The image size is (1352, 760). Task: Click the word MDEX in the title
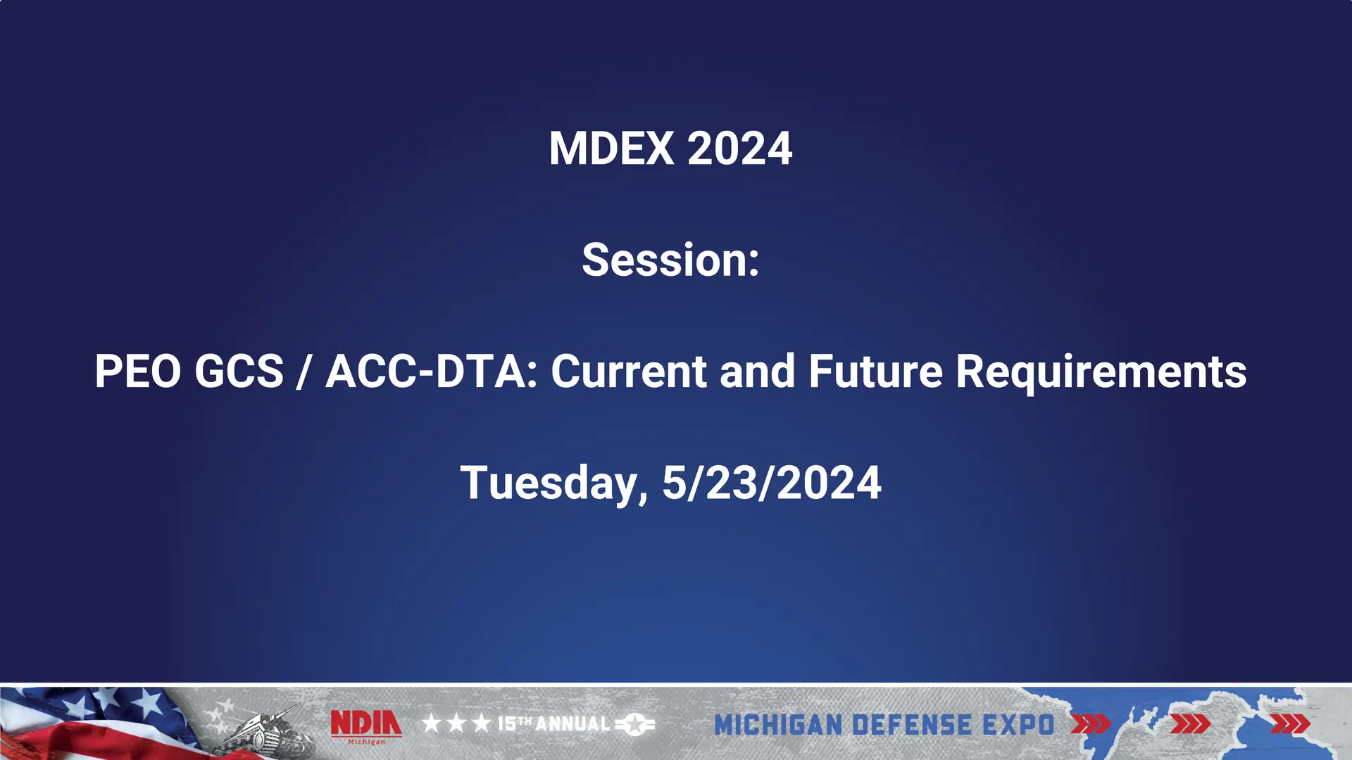pos(611,148)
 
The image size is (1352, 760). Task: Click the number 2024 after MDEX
pos(739,148)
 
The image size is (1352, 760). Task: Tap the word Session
pos(666,260)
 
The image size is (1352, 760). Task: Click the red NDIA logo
pos(366,724)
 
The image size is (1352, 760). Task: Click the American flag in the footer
pos(92,721)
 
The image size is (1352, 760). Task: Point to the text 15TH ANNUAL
pos(553,723)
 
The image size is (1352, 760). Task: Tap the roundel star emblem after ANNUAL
pos(635,723)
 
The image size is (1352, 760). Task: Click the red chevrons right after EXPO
pos(1090,724)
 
